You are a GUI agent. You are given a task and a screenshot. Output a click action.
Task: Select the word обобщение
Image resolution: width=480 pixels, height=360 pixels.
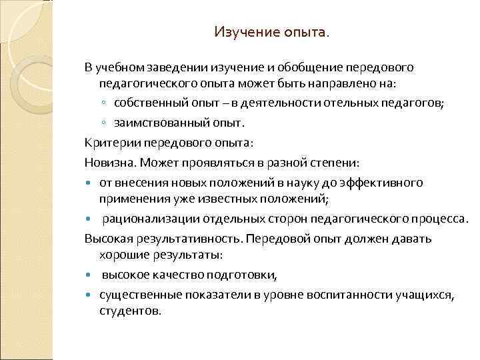(x=308, y=68)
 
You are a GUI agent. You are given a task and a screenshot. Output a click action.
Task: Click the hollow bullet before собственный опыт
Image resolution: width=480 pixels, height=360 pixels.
(x=105, y=104)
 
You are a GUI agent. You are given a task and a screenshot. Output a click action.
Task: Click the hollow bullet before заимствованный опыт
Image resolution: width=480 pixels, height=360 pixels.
(x=105, y=123)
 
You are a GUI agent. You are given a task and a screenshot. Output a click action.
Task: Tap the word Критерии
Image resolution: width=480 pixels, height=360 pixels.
(x=108, y=143)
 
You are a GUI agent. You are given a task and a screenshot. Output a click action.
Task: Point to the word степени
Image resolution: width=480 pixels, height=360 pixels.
(x=335, y=162)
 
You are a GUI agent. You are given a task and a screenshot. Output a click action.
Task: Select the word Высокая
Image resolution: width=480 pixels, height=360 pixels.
(x=109, y=238)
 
